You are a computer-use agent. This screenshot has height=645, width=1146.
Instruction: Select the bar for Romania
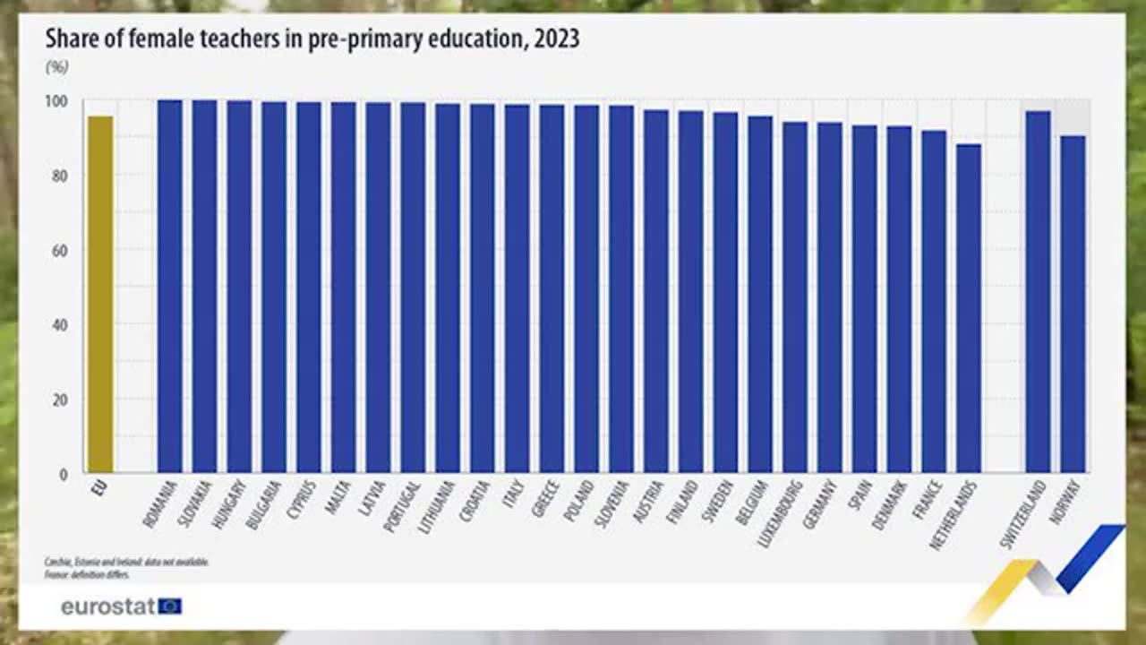click(170, 287)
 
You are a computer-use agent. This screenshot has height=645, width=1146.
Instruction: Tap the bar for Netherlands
click(969, 308)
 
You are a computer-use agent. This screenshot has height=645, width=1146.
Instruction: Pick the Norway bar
click(1073, 305)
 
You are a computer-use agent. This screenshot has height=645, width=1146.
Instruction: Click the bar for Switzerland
click(1038, 292)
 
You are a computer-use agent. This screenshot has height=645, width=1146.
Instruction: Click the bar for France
click(934, 301)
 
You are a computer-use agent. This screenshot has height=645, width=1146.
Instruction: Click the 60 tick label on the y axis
click(60, 251)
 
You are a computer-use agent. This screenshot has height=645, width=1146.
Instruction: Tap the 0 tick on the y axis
click(63, 474)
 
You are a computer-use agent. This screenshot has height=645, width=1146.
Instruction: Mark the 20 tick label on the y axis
click(60, 400)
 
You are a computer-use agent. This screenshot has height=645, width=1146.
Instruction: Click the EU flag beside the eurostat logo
click(170, 606)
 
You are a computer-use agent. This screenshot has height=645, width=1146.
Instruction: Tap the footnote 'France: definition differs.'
click(87, 574)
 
